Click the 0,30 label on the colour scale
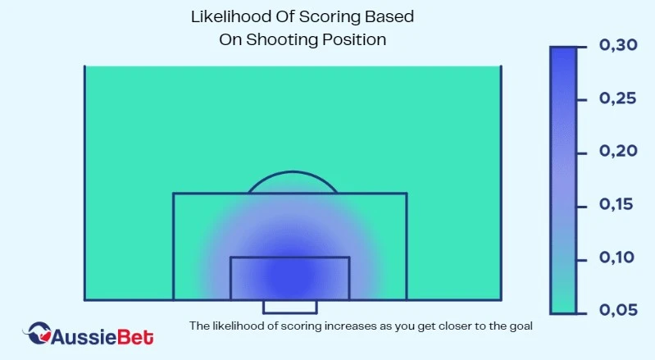[618, 44]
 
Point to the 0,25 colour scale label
[618, 98]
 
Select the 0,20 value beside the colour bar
[618, 151]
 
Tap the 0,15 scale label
[616, 204]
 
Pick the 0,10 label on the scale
[617, 257]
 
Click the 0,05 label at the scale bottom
[618, 310]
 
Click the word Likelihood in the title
[229, 16]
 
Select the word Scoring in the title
[330, 17]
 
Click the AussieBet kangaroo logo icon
[38, 332]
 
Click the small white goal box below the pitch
[290, 308]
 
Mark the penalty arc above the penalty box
[293, 171]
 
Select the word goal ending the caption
[521, 326]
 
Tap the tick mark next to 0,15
[582, 207]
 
